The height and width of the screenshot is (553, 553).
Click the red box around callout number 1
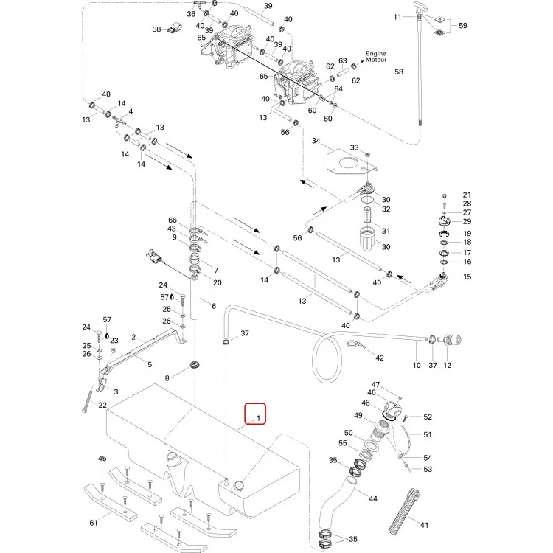[255, 414]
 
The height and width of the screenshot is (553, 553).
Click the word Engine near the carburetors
[375, 54]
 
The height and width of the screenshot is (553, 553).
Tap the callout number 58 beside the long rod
[398, 72]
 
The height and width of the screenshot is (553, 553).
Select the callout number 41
[424, 525]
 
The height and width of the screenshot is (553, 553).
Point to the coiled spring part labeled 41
[404, 511]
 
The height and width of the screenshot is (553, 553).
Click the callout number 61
[93, 523]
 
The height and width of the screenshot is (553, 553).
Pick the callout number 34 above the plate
[316, 141]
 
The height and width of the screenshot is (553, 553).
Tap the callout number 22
[102, 406]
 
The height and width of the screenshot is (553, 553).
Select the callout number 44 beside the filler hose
[373, 498]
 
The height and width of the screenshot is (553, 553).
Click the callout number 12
[448, 366]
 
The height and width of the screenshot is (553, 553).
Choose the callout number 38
[156, 29]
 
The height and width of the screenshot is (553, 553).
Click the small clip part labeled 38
[174, 27]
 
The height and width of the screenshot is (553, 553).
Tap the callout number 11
[397, 17]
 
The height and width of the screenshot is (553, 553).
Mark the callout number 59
[463, 25]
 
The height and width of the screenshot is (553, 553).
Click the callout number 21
[467, 195]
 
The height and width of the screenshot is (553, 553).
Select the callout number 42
[380, 358]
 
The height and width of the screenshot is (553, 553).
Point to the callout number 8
[167, 378]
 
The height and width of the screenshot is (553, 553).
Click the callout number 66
[172, 220]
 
